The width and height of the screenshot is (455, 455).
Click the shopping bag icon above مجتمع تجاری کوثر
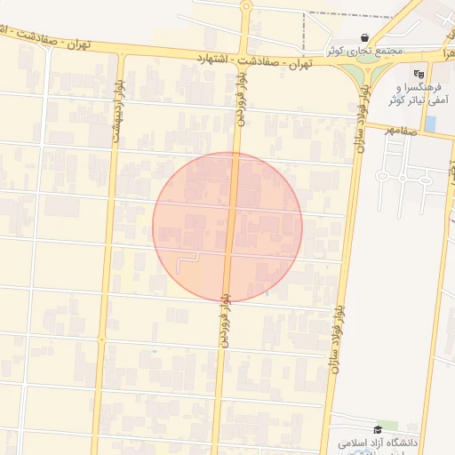click(366, 36)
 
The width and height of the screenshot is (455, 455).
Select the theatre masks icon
click(419, 74)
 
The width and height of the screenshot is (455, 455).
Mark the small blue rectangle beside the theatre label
click(430, 124)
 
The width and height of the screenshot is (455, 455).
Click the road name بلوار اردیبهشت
click(116, 110)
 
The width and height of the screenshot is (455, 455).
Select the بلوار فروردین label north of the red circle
click(241, 93)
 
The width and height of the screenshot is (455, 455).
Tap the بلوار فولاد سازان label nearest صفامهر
click(363, 133)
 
